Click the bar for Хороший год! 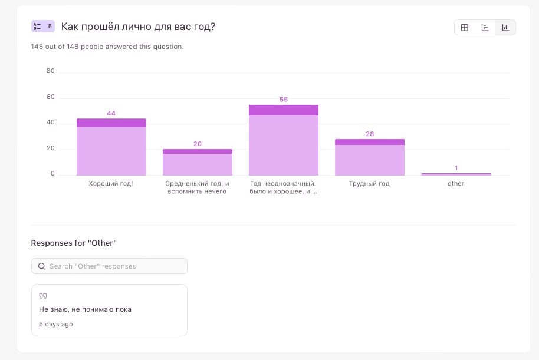(x=111, y=147)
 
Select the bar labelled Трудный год (x=370, y=157)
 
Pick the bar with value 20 (x=198, y=162)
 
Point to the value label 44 (x=111, y=113)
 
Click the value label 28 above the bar (x=370, y=134)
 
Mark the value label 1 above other (x=456, y=168)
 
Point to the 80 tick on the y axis (x=50, y=71)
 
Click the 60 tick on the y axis (x=50, y=97)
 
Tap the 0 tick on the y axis (x=52, y=174)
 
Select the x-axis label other (x=456, y=184)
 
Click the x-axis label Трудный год (x=370, y=184)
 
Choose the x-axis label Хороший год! (x=111, y=184)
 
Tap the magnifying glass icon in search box (x=42, y=266)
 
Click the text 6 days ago (x=56, y=324)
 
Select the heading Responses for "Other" (x=74, y=243)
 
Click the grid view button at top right (x=465, y=28)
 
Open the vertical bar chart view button (x=505, y=28)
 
